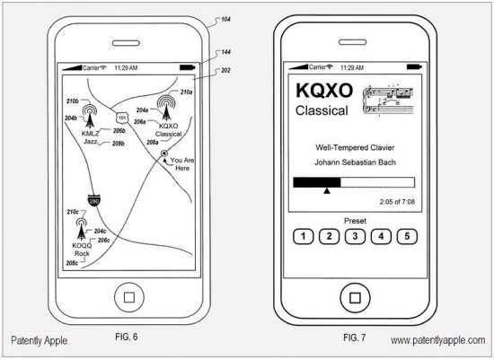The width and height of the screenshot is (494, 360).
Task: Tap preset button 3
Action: click(355, 236)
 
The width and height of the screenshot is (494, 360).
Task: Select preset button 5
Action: click(407, 236)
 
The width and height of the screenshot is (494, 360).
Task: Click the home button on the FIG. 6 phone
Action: click(129, 297)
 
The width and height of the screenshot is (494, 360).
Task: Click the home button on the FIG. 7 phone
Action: click(355, 298)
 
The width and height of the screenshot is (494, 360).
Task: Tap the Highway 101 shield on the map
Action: click(122, 119)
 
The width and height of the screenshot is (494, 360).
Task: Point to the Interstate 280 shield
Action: click(94, 200)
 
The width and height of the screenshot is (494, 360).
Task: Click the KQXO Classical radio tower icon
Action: click(166, 107)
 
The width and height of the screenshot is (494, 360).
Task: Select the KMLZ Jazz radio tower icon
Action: click(90, 116)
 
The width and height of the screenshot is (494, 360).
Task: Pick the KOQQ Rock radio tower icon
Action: click(81, 229)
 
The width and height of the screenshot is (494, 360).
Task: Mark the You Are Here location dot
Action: click(164, 154)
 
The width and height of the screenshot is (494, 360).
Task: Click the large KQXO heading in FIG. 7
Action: click(324, 91)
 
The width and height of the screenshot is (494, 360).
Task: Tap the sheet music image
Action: click(388, 100)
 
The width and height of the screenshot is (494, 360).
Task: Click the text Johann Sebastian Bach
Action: click(355, 162)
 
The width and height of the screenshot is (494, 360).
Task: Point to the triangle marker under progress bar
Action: click(327, 191)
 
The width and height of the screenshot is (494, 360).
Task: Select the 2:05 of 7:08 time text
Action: click(397, 202)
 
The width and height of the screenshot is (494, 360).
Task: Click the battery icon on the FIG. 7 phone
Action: click(414, 66)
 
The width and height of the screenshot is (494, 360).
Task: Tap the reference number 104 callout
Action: click(225, 20)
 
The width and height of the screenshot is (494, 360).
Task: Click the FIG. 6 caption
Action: click(127, 337)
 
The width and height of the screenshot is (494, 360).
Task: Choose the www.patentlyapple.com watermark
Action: click(438, 340)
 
